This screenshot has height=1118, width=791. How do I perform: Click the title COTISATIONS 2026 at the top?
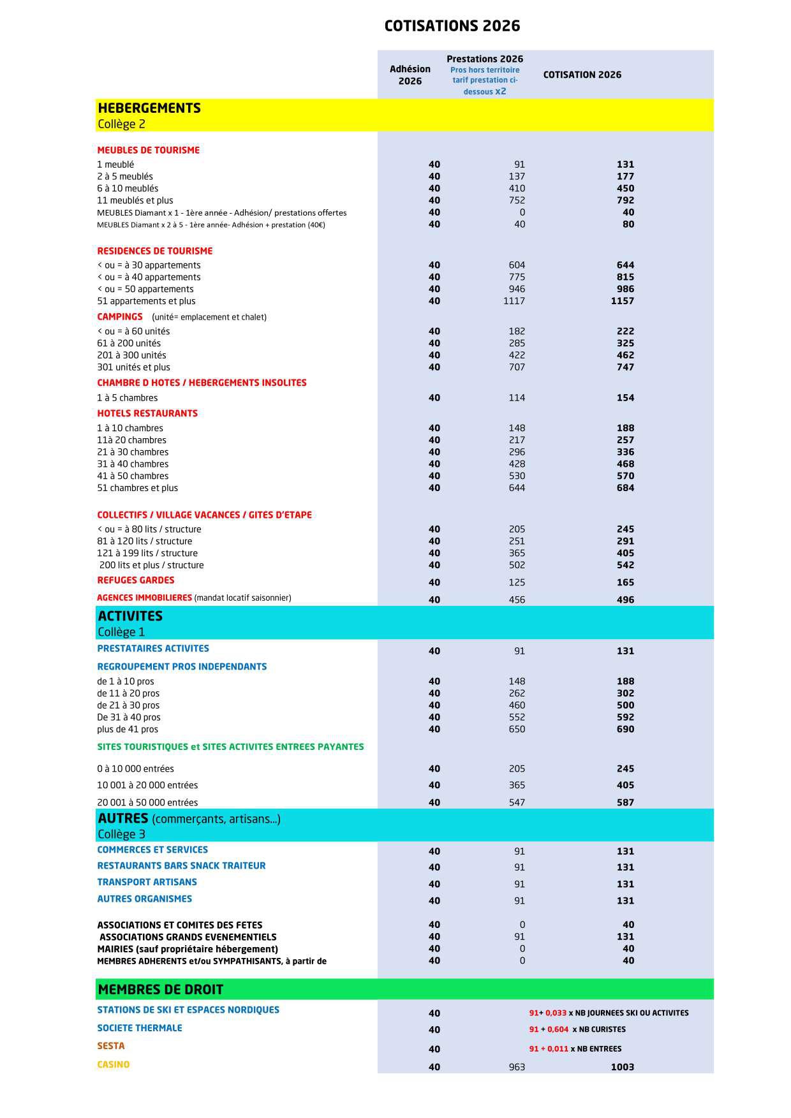[x=452, y=26]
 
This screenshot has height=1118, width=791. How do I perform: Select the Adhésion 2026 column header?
[x=410, y=75]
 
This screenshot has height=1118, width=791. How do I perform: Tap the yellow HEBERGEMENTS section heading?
[x=149, y=108]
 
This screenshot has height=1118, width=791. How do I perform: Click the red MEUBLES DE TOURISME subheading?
[x=148, y=151]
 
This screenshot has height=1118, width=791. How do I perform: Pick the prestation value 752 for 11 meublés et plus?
[x=517, y=200]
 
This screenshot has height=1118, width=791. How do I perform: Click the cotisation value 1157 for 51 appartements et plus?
[x=622, y=301]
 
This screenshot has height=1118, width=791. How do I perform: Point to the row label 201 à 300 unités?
[x=131, y=355]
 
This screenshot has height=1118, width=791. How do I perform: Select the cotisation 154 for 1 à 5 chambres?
[x=625, y=398]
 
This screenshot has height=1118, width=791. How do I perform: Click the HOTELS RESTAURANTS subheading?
[x=147, y=413]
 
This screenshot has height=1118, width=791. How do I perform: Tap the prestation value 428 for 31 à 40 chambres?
[x=517, y=464]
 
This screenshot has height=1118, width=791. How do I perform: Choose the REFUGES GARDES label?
[x=135, y=580]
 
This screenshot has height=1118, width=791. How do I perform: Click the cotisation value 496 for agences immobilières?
[x=625, y=599]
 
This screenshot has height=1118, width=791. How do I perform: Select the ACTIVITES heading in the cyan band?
[x=130, y=616]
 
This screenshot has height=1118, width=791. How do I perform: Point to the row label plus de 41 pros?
[x=128, y=730]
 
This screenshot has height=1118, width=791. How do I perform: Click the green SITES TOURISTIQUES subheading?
[x=230, y=747]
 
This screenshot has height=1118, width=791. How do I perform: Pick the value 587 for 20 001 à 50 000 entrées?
[x=625, y=802]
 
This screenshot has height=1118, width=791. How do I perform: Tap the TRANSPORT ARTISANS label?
[x=147, y=882]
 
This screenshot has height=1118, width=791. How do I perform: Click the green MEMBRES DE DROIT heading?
[x=160, y=990]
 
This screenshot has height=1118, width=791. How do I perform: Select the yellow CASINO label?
[x=113, y=1064]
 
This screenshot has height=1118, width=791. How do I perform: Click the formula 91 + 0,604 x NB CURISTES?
[x=577, y=1029]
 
